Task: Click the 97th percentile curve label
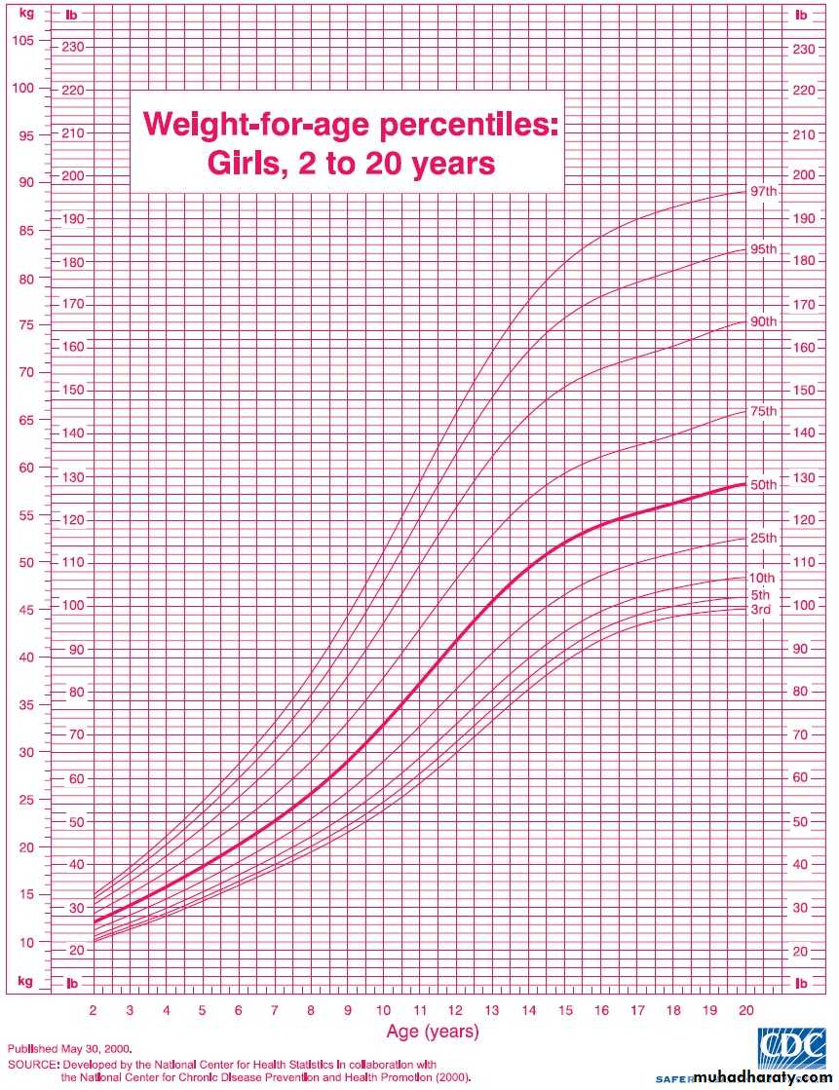click(x=763, y=191)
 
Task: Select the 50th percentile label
click(x=763, y=484)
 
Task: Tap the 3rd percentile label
click(x=761, y=610)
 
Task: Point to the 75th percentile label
click(x=763, y=411)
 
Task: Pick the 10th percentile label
click(x=763, y=578)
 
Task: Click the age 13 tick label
click(x=492, y=1010)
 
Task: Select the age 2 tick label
click(x=94, y=1010)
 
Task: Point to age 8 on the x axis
click(x=311, y=1010)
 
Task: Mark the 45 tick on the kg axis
click(x=24, y=611)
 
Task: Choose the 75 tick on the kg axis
click(x=24, y=325)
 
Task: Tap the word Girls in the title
click(x=247, y=163)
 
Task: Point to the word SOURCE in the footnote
click(x=33, y=1066)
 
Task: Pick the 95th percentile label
click(x=763, y=249)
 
